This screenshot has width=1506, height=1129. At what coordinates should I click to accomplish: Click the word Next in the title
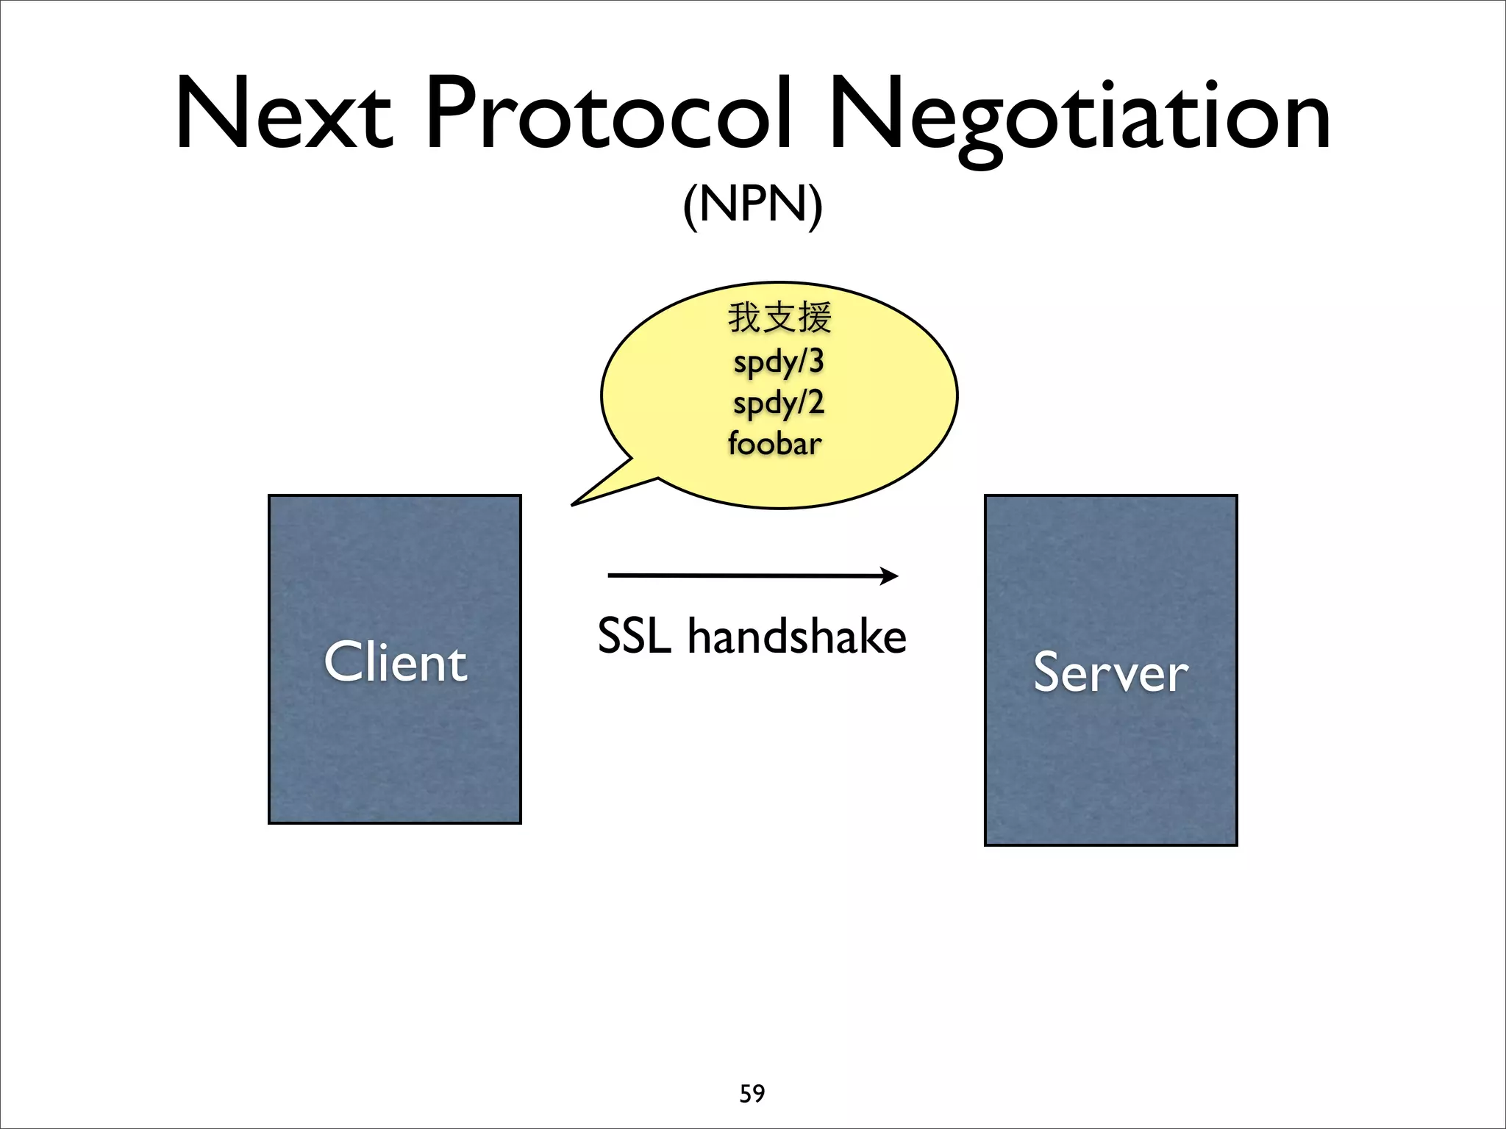284,114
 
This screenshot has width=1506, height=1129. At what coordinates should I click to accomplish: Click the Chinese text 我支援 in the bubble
779,318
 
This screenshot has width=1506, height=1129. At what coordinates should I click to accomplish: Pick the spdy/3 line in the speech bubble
779,362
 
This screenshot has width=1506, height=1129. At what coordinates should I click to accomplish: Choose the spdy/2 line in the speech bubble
779,404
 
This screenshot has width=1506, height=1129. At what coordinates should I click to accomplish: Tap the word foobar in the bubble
775,444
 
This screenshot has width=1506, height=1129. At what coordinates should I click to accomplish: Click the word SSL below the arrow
634,637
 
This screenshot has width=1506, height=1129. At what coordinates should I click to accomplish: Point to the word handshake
796,637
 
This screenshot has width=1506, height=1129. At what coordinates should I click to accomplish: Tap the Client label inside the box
395,662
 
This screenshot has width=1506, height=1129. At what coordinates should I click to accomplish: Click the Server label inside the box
1110,672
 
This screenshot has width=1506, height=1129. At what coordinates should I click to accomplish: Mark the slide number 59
752,1094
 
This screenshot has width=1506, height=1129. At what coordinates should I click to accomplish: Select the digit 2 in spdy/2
815,402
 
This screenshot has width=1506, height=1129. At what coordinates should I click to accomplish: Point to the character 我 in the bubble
744,318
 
